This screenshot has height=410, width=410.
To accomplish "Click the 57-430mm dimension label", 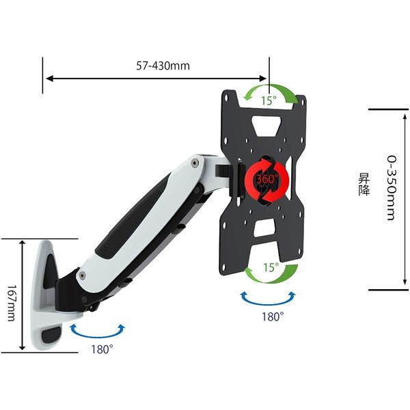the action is (163, 66).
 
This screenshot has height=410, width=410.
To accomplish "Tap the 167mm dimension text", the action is (11, 303).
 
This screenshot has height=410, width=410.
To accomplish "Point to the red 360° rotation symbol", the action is (266, 180).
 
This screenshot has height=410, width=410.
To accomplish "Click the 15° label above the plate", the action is (269, 100).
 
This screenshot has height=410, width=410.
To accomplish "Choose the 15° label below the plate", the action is (271, 267).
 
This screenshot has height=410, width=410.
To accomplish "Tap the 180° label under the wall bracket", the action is (102, 349).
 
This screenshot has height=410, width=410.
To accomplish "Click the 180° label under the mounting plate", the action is (273, 316).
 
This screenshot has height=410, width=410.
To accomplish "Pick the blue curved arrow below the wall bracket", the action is (98, 334).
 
